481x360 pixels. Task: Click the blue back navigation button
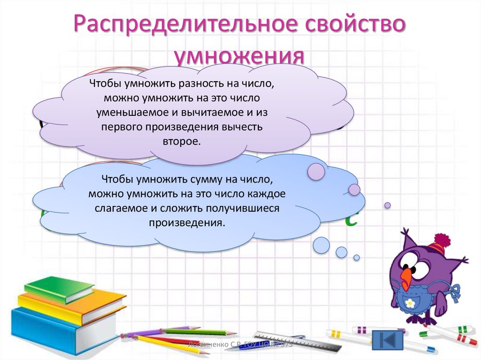click(x=388, y=339)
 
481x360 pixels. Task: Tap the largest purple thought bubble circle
click(x=316, y=171)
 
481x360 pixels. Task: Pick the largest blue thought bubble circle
click(x=321, y=245)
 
